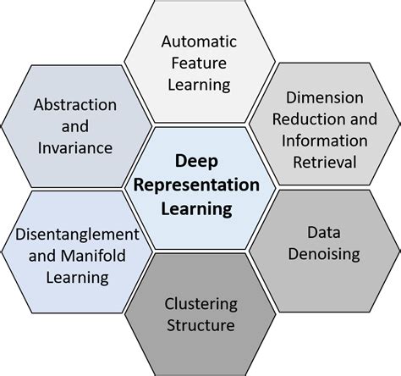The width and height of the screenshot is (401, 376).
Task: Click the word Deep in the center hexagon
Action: pyautogui.click(x=200, y=160)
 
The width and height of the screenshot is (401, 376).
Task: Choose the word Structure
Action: pyautogui.click(x=200, y=326)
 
